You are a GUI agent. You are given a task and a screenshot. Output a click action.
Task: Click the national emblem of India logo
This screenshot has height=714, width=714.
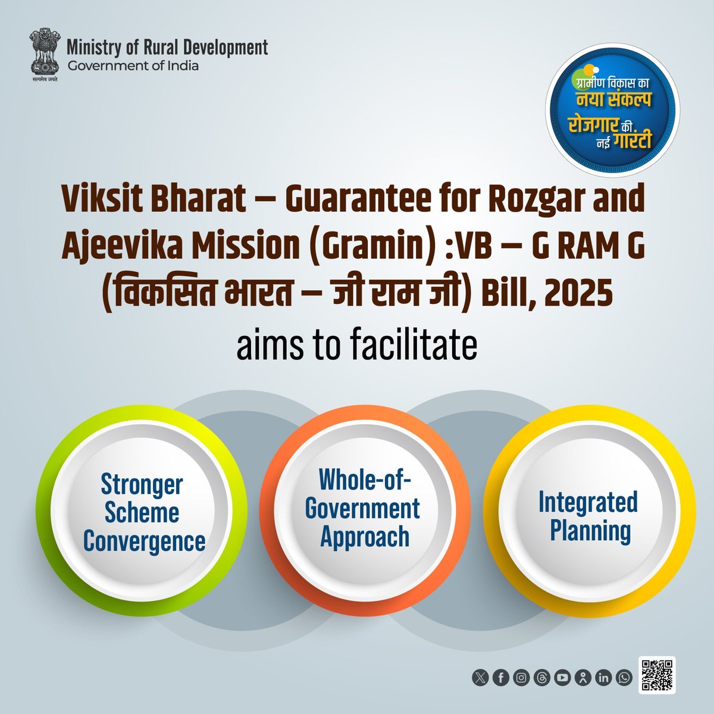pos(45,54)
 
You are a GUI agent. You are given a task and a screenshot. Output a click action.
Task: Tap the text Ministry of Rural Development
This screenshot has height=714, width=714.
pos(167,48)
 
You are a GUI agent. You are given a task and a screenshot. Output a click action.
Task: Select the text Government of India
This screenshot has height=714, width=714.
pos(133,66)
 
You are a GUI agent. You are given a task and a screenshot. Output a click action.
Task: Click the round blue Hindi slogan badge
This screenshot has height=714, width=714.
pos(612,110)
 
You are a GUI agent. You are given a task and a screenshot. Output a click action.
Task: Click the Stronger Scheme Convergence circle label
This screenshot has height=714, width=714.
pos(144,513)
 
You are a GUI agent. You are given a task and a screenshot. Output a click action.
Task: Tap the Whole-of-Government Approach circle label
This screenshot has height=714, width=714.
pos(363,508)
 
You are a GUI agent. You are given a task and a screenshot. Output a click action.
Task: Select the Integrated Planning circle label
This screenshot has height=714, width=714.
pos(589,516)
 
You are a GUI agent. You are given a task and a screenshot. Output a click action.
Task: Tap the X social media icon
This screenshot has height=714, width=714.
pos(480,678)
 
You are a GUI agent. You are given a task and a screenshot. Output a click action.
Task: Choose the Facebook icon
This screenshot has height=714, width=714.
pos(500,678)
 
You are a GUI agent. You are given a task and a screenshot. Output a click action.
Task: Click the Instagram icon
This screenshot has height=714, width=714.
pos(521,678)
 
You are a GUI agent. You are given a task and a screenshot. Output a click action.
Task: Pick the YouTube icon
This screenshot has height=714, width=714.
pos(562,678)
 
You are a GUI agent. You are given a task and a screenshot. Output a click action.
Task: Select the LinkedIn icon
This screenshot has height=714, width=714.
pos(603,678)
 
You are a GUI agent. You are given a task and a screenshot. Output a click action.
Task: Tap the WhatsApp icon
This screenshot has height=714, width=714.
pos(624,678)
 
